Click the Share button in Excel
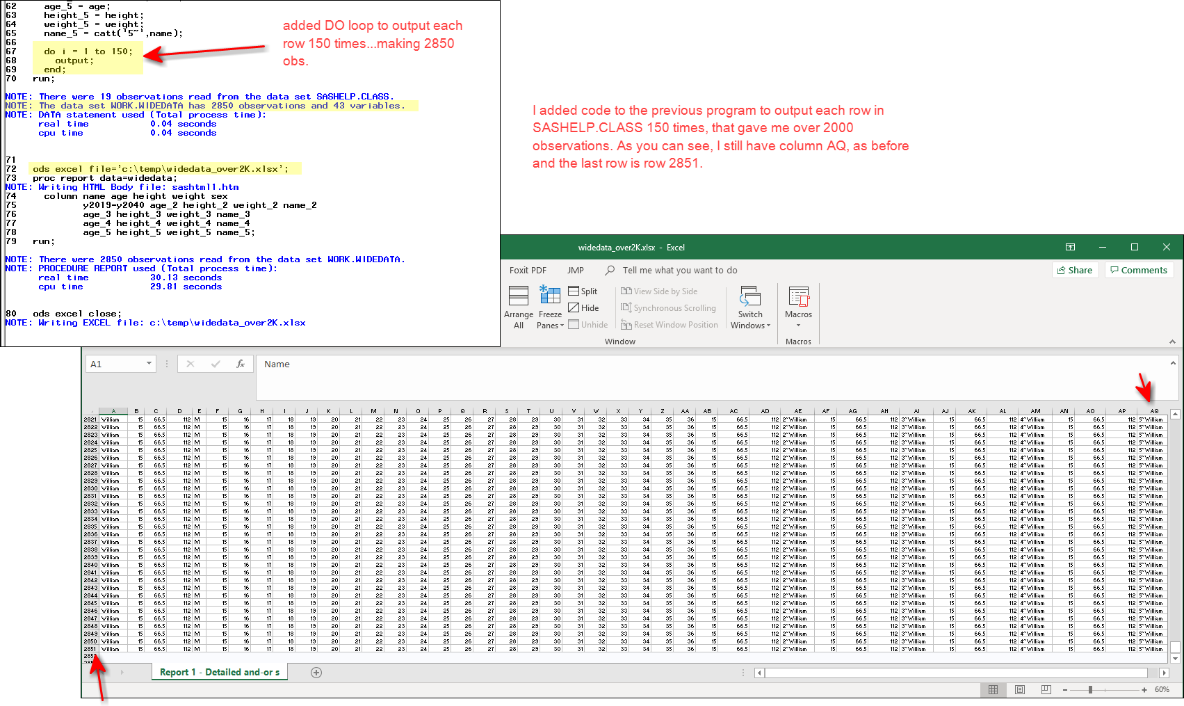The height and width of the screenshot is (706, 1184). (x=1075, y=270)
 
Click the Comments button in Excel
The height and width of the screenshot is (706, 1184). (x=1138, y=270)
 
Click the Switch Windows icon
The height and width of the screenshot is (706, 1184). (x=750, y=297)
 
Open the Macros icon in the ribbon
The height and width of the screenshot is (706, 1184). (x=798, y=297)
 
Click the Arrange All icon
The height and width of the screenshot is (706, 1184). (x=519, y=297)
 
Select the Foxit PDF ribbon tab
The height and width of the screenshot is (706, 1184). (x=528, y=271)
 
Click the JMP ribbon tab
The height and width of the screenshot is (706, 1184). (x=575, y=271)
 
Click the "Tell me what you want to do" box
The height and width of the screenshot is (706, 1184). (x=679, y=271)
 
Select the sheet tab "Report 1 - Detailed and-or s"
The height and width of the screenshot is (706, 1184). (x=219, y=673)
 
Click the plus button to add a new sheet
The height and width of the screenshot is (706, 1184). (x=316, y=673)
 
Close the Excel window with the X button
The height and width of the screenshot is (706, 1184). (x=1166, y=247)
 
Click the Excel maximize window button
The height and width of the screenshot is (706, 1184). (x=1134, y=247)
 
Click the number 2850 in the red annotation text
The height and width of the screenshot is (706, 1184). (x=439, y=44)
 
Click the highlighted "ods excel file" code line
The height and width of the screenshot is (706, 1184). (x=160, y=169)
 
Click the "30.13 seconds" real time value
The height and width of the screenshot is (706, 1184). (x=186, y=278)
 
